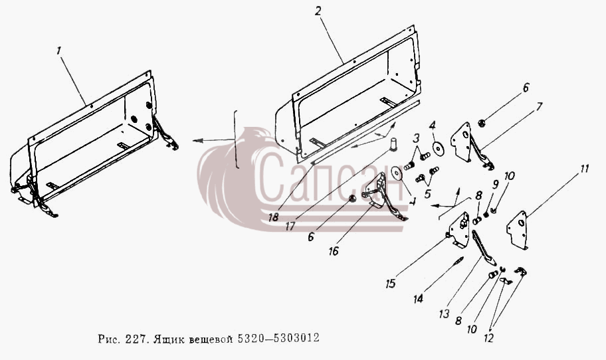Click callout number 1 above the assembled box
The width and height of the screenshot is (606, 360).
(x=58, y=50)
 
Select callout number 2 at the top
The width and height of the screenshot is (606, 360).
(x=318, y=11)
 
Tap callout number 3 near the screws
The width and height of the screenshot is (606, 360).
(x=416, y=137)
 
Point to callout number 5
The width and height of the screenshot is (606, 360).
(x=427, y=193)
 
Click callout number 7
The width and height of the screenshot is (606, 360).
(x=539, y=106)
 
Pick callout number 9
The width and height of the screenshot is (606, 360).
(x=495, y=185)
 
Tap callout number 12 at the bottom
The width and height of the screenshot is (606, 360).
(x=488, y=338)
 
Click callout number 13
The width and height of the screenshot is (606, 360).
(x=445, y=314)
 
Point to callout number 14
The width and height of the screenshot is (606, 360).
(x=418, y=298)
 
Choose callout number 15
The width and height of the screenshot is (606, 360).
(x=390, y=284)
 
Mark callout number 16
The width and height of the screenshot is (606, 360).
(x=333, y=251)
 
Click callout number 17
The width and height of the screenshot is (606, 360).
(x=290, y=226)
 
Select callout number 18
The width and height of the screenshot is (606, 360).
(x=273, y=217)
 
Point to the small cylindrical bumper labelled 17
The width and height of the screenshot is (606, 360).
(x=393, y=144)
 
